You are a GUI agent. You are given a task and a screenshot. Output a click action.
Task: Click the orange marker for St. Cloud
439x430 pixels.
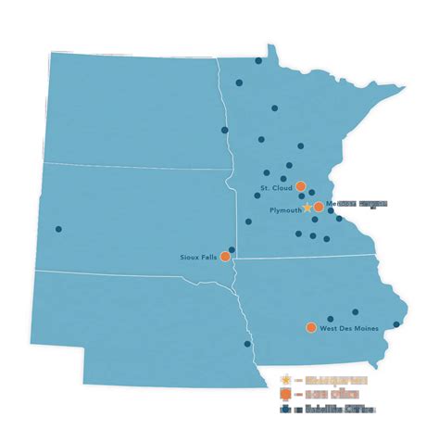[x=301, y=186]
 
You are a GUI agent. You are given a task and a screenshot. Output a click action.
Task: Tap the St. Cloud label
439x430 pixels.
[x=276, y=188]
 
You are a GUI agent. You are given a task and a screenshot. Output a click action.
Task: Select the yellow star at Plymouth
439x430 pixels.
[x=308, y=209]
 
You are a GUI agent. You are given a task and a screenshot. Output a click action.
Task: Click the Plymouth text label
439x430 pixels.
[x=284, y=210]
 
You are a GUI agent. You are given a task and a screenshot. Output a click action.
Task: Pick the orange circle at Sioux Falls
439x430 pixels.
[x=225, y=259]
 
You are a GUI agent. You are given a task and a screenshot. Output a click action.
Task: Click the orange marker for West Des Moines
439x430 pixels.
[x=310, y=327]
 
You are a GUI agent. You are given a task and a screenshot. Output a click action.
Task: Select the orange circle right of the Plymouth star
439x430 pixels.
[x=319, y=207]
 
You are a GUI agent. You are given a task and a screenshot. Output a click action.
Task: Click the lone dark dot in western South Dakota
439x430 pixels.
[x=58, y=229]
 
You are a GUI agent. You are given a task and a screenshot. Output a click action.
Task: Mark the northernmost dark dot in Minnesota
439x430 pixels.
[x=258, y=60]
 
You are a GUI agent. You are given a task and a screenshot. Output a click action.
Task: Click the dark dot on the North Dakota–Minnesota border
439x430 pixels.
[x=224, y=130]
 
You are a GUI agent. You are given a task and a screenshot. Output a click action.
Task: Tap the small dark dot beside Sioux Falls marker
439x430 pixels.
[x=232, y=249]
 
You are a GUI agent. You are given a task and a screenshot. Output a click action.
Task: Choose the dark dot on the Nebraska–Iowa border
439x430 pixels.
[x=247, y=344]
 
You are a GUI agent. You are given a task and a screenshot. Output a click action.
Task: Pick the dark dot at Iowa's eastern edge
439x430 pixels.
[x=396, y=324]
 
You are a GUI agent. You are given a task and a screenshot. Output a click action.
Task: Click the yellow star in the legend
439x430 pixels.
[x=287, y=380]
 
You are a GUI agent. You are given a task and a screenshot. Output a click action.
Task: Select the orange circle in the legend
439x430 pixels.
[x=287, y=394]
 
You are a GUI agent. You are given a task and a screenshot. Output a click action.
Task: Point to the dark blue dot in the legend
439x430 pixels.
[x=287, y=407]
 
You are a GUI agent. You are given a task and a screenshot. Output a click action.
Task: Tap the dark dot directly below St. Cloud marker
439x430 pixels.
[x=302, y=196]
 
